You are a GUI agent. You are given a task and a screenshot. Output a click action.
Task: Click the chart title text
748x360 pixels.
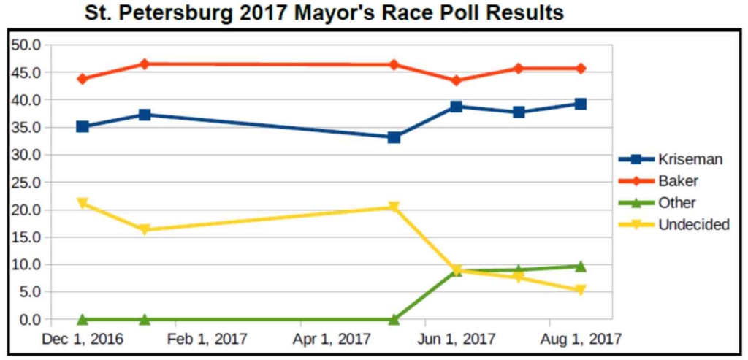[324, 13]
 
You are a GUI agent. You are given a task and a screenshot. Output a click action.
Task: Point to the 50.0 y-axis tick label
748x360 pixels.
[27, 45]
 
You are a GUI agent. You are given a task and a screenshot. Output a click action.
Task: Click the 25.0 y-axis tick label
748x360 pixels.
[27, 183]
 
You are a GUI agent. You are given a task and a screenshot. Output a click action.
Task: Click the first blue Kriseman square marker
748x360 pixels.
[83, 127]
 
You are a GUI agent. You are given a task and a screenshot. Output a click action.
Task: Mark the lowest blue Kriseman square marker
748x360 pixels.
[394, 137]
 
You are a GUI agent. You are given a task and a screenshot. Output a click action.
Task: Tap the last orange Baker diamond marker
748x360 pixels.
[581, 69]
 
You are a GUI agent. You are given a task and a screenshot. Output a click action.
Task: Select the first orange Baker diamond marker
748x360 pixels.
[83, 79]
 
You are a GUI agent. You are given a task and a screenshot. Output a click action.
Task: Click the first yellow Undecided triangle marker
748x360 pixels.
[83, 203]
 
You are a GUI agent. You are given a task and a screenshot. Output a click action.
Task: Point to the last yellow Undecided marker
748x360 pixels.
[581, 291]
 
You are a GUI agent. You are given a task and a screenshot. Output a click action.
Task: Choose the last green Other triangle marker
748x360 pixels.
[581, 266]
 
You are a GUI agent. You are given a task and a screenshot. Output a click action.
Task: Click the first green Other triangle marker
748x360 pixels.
[83, 319]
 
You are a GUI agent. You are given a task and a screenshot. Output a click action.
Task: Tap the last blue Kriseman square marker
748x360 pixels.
[581, 104]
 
